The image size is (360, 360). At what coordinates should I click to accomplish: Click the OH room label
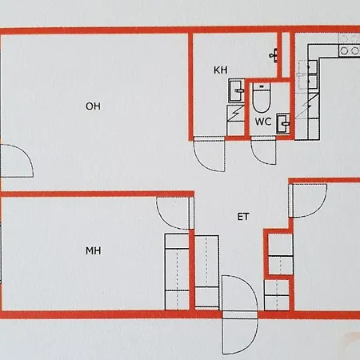[93, 106]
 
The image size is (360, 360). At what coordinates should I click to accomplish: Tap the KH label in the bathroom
[221, 70]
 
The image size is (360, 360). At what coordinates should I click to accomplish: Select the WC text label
[263, 122]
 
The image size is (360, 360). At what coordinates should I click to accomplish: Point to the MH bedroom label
[93, 250]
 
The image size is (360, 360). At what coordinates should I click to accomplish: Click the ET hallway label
[243, 217]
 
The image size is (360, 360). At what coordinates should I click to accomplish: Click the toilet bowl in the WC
[262, 98]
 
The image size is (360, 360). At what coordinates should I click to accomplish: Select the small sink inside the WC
[283, 123]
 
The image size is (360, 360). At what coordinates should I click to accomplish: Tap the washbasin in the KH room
[236, 90]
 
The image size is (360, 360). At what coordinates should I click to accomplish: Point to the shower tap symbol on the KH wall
[274, 56]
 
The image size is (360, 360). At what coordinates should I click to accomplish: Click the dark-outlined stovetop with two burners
[350, 50]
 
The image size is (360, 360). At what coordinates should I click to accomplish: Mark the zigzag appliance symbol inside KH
[235, 114]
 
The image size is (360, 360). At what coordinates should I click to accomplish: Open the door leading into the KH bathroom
[210, 154]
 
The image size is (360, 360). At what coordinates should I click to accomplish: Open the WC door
[263, 150]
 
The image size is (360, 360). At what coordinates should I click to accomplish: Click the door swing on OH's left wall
[17, 161]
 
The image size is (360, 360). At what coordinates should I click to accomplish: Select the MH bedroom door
[174, 213]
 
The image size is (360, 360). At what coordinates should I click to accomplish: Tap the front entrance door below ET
[240, 314]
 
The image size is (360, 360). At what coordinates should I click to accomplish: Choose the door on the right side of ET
[308, 200]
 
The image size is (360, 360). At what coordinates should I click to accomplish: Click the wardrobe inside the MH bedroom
[177, 272]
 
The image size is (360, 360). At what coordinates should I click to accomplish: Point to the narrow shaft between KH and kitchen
[286, 55]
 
